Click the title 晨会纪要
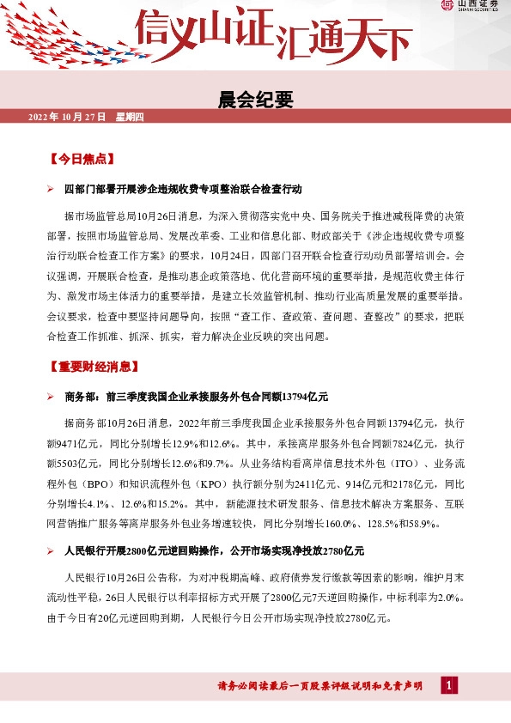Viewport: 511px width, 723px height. tap(256, 100)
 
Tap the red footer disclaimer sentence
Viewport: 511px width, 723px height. tap(319, 686)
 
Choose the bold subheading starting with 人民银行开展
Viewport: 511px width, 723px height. tap(215, 550)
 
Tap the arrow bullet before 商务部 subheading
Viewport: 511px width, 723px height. tap(51, 396)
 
